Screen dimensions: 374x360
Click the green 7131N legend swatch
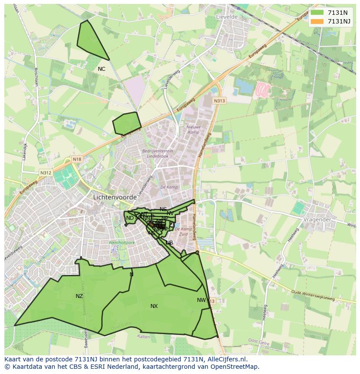(x=317, y=13)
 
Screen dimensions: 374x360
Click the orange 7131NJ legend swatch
(x=317, y=21)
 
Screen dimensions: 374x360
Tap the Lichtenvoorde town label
(x=115, y=197)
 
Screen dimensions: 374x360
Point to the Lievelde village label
(x=227, y=17)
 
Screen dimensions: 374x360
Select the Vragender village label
(x=317, y=219)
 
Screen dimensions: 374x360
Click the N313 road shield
(x=220, y=101)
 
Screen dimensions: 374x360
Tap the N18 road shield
(x=77, y=159)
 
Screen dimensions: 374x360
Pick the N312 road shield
(x=46, y=172)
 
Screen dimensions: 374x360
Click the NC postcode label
(x=101, y=69)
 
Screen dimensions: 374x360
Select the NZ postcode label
(x=79, y=296)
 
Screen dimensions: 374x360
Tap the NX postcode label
(x=154, y=306)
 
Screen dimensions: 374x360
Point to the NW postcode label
(x=201, y=300)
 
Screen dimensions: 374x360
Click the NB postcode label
(x=169, y=243)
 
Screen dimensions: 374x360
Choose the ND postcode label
(x=130, y=218)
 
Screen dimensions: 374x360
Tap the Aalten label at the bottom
(x=143, y=337)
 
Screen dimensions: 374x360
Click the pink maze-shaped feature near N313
(x=263, y=90)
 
